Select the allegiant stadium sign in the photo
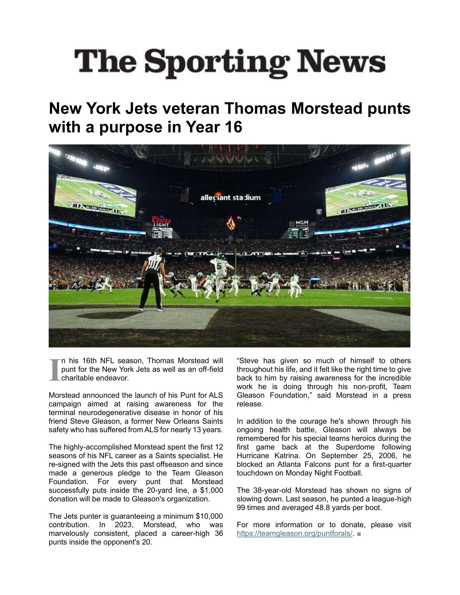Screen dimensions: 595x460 coord(230,198)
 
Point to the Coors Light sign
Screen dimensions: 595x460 coord(161,221)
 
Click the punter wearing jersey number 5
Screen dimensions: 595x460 coord(221,275)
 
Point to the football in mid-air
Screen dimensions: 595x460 coord(239,218)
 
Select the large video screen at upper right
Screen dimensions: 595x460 coord(367,195)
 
